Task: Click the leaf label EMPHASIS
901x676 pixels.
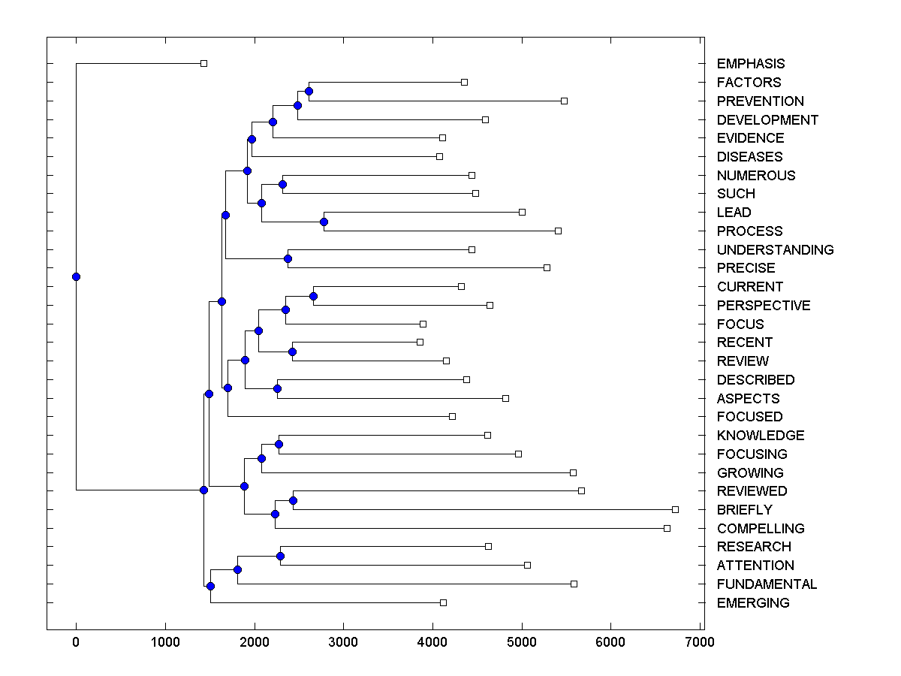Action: pos(750,64)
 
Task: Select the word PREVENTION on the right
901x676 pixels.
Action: pos(760,101)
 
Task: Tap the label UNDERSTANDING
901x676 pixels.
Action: pos(775,249)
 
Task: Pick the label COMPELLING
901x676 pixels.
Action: pos(761,528)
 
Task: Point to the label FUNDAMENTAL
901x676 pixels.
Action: pos(767,584)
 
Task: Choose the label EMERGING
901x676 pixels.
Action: pos(753,602)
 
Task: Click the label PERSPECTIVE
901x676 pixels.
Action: pos(764,305)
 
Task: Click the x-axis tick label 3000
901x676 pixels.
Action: pos(343,642)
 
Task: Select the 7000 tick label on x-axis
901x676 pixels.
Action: pos(700,642)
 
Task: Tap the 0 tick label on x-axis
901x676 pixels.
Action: pos(76,642)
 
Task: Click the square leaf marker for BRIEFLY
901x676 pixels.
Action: pos(675,509)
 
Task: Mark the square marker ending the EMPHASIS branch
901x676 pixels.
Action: pos(203,63)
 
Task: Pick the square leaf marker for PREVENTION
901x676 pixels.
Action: pos(564,101)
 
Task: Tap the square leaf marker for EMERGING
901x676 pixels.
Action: pos(443,602)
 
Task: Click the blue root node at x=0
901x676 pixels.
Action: pos(76,276)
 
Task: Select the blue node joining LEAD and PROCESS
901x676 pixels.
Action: pos(324,222)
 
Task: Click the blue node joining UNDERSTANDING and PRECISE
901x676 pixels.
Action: pos(288,258)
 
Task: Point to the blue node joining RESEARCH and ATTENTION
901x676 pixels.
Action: pos(280,556)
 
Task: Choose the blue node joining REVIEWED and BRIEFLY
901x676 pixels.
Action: pos(293,500)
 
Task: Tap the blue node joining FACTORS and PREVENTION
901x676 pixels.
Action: pos(309,91)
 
